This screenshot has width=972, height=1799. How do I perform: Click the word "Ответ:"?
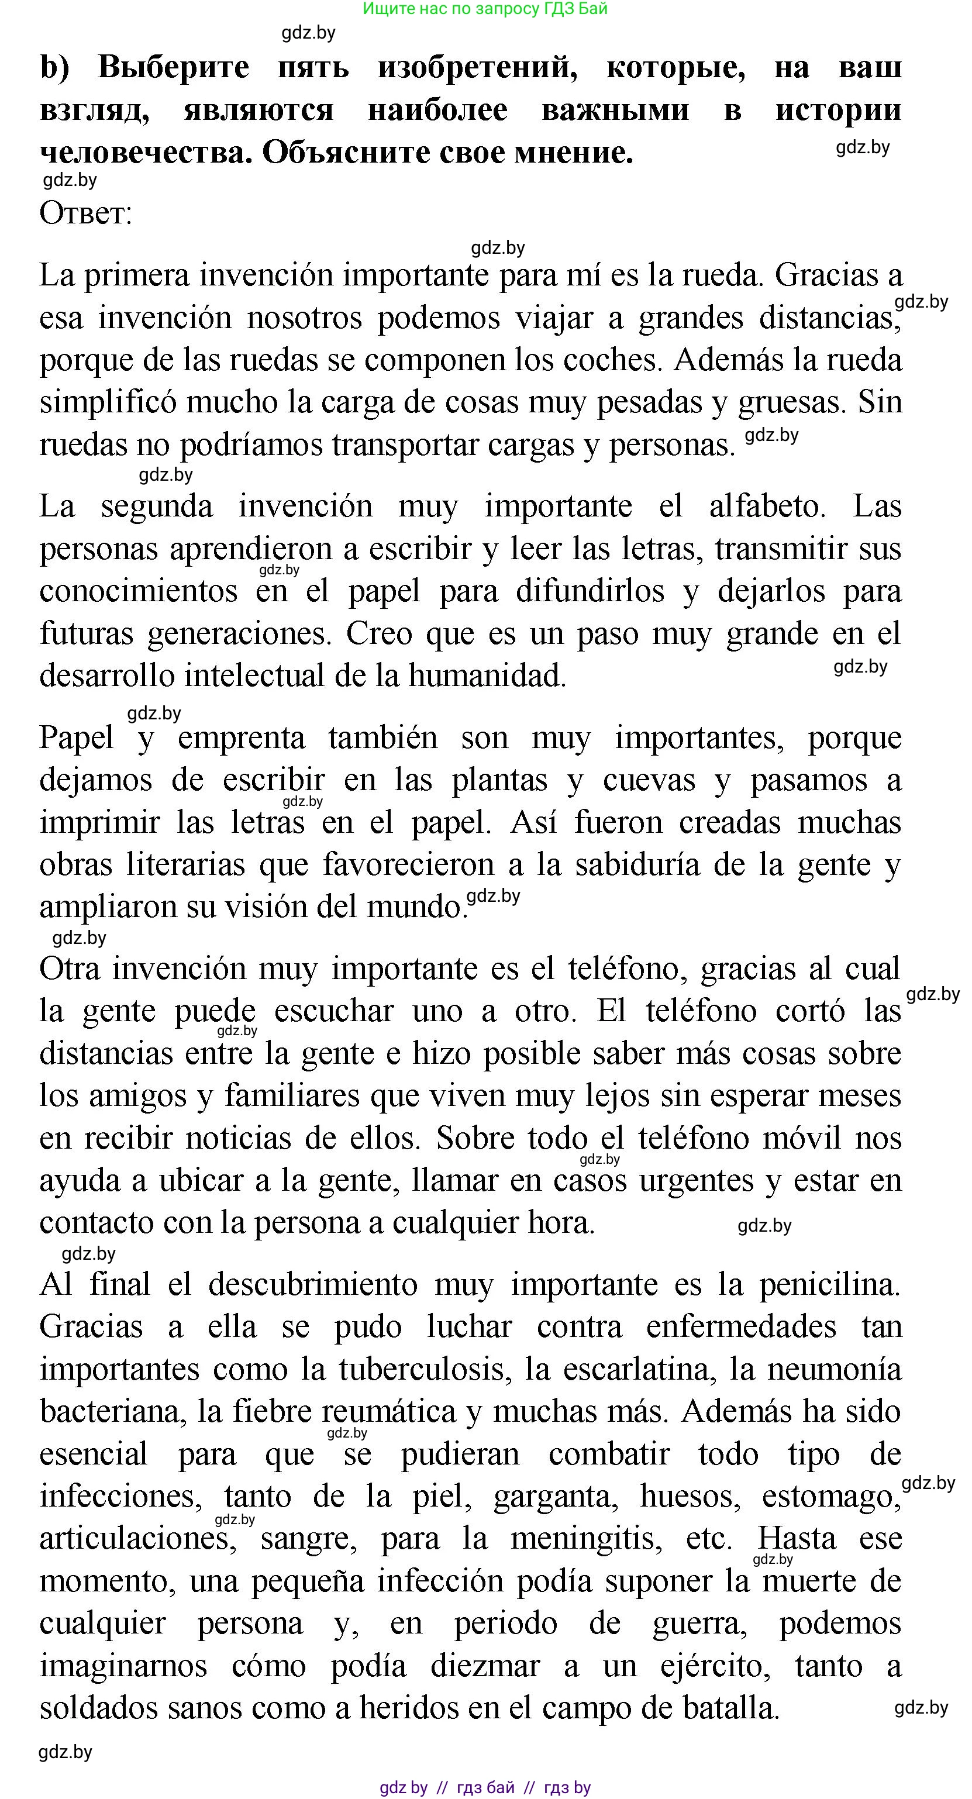click(86, 213)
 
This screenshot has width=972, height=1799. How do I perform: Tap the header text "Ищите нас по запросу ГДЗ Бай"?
click(485, 9)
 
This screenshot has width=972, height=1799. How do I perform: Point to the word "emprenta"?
click(242, 738)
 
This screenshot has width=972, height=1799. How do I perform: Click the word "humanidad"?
click(487, 676)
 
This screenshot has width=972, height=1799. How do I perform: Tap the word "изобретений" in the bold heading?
click(478, 67)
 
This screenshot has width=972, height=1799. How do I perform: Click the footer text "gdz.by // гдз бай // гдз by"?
click(485, 1788)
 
